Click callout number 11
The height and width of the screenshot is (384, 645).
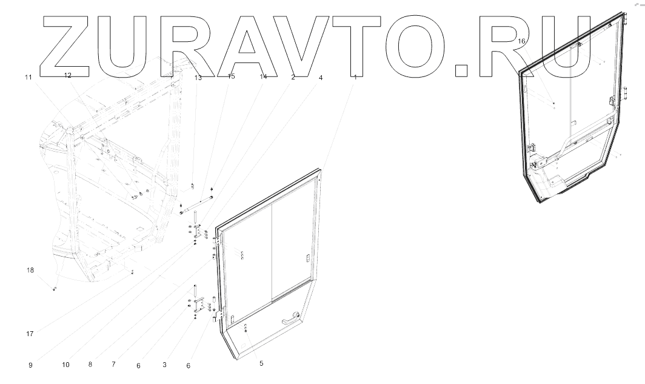(x=27, y=77)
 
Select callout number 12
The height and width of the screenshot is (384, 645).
(x=68, y=76)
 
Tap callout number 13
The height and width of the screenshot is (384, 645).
(x=198, y=78)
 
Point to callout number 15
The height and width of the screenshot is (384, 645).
(x=231, y=77)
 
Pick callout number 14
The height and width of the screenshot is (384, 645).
(x=263, y=77)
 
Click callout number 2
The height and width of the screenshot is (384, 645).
(x=293, y=78)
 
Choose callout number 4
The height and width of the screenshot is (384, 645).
(x=321, y=78)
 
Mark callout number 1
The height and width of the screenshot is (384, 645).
(x=355, y=78)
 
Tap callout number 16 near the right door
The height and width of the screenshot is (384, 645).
(x=522, y=41)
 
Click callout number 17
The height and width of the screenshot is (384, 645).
(x=30, y=332)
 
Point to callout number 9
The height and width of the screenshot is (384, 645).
(x=30, y=365)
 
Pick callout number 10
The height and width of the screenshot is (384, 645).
(x=65, y=365)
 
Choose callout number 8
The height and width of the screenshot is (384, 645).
(x=90, y=365)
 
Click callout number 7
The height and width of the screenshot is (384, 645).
(x=113, y=365)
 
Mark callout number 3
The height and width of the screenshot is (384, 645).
(x=164, y=365)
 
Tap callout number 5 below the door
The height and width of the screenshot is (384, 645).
(x=261, y=363)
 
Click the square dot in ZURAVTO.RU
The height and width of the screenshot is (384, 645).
(x=462, y=69)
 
